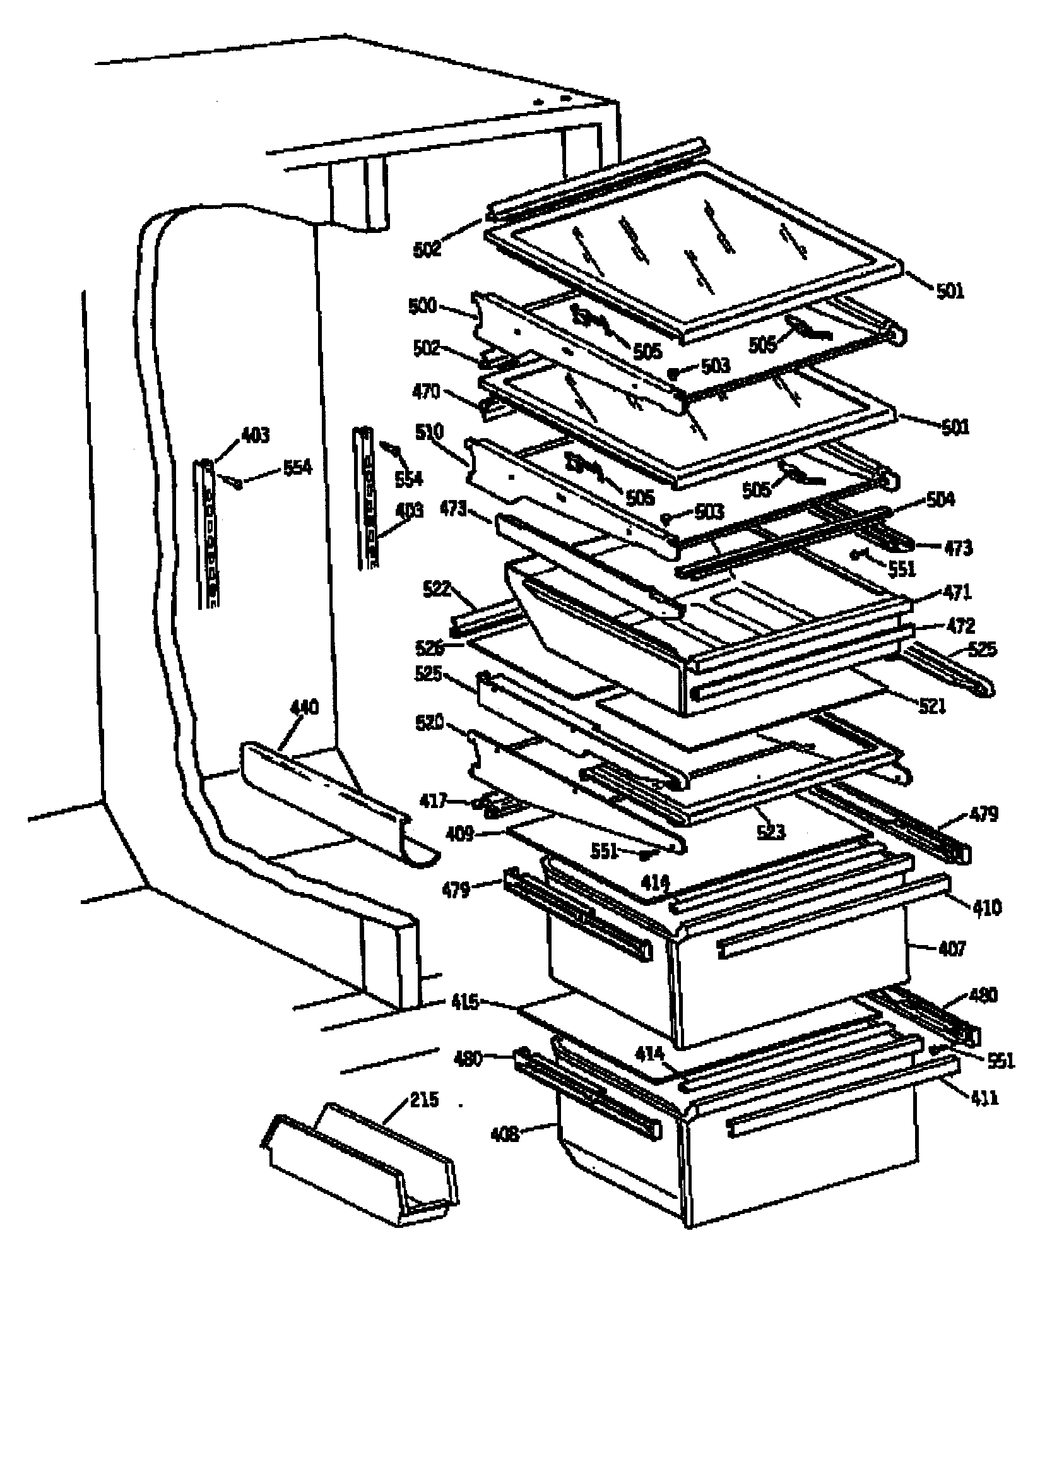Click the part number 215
423,1099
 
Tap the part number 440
304,708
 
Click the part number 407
952,948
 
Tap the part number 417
433,800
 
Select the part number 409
459,834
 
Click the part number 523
770,832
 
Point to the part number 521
932,706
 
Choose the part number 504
940,499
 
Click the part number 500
422,306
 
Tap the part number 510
429,431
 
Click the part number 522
437,589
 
